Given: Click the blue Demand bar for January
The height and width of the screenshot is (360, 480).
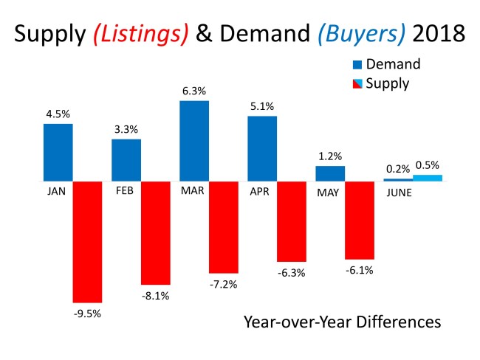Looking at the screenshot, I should click(x=58, y=152).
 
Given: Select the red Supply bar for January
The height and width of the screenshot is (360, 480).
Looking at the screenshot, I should click(x=87, y=241).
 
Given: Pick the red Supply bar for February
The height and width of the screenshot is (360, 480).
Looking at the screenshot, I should click(x=155, y=232).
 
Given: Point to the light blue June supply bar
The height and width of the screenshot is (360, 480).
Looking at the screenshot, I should click(x=428, y=178).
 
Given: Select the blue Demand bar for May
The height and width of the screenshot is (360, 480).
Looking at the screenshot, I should click(x=330, y=173).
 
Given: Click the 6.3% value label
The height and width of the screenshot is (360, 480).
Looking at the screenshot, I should click(x=194, y=91).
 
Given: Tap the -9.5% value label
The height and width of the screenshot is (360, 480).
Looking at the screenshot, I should click(x=87, y=313).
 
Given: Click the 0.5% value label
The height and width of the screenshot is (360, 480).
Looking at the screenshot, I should click(x=428, y=165).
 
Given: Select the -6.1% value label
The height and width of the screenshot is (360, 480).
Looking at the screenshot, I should click(x=360, y=270).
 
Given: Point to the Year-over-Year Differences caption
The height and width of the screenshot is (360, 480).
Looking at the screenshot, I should click(x=342, y=322).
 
